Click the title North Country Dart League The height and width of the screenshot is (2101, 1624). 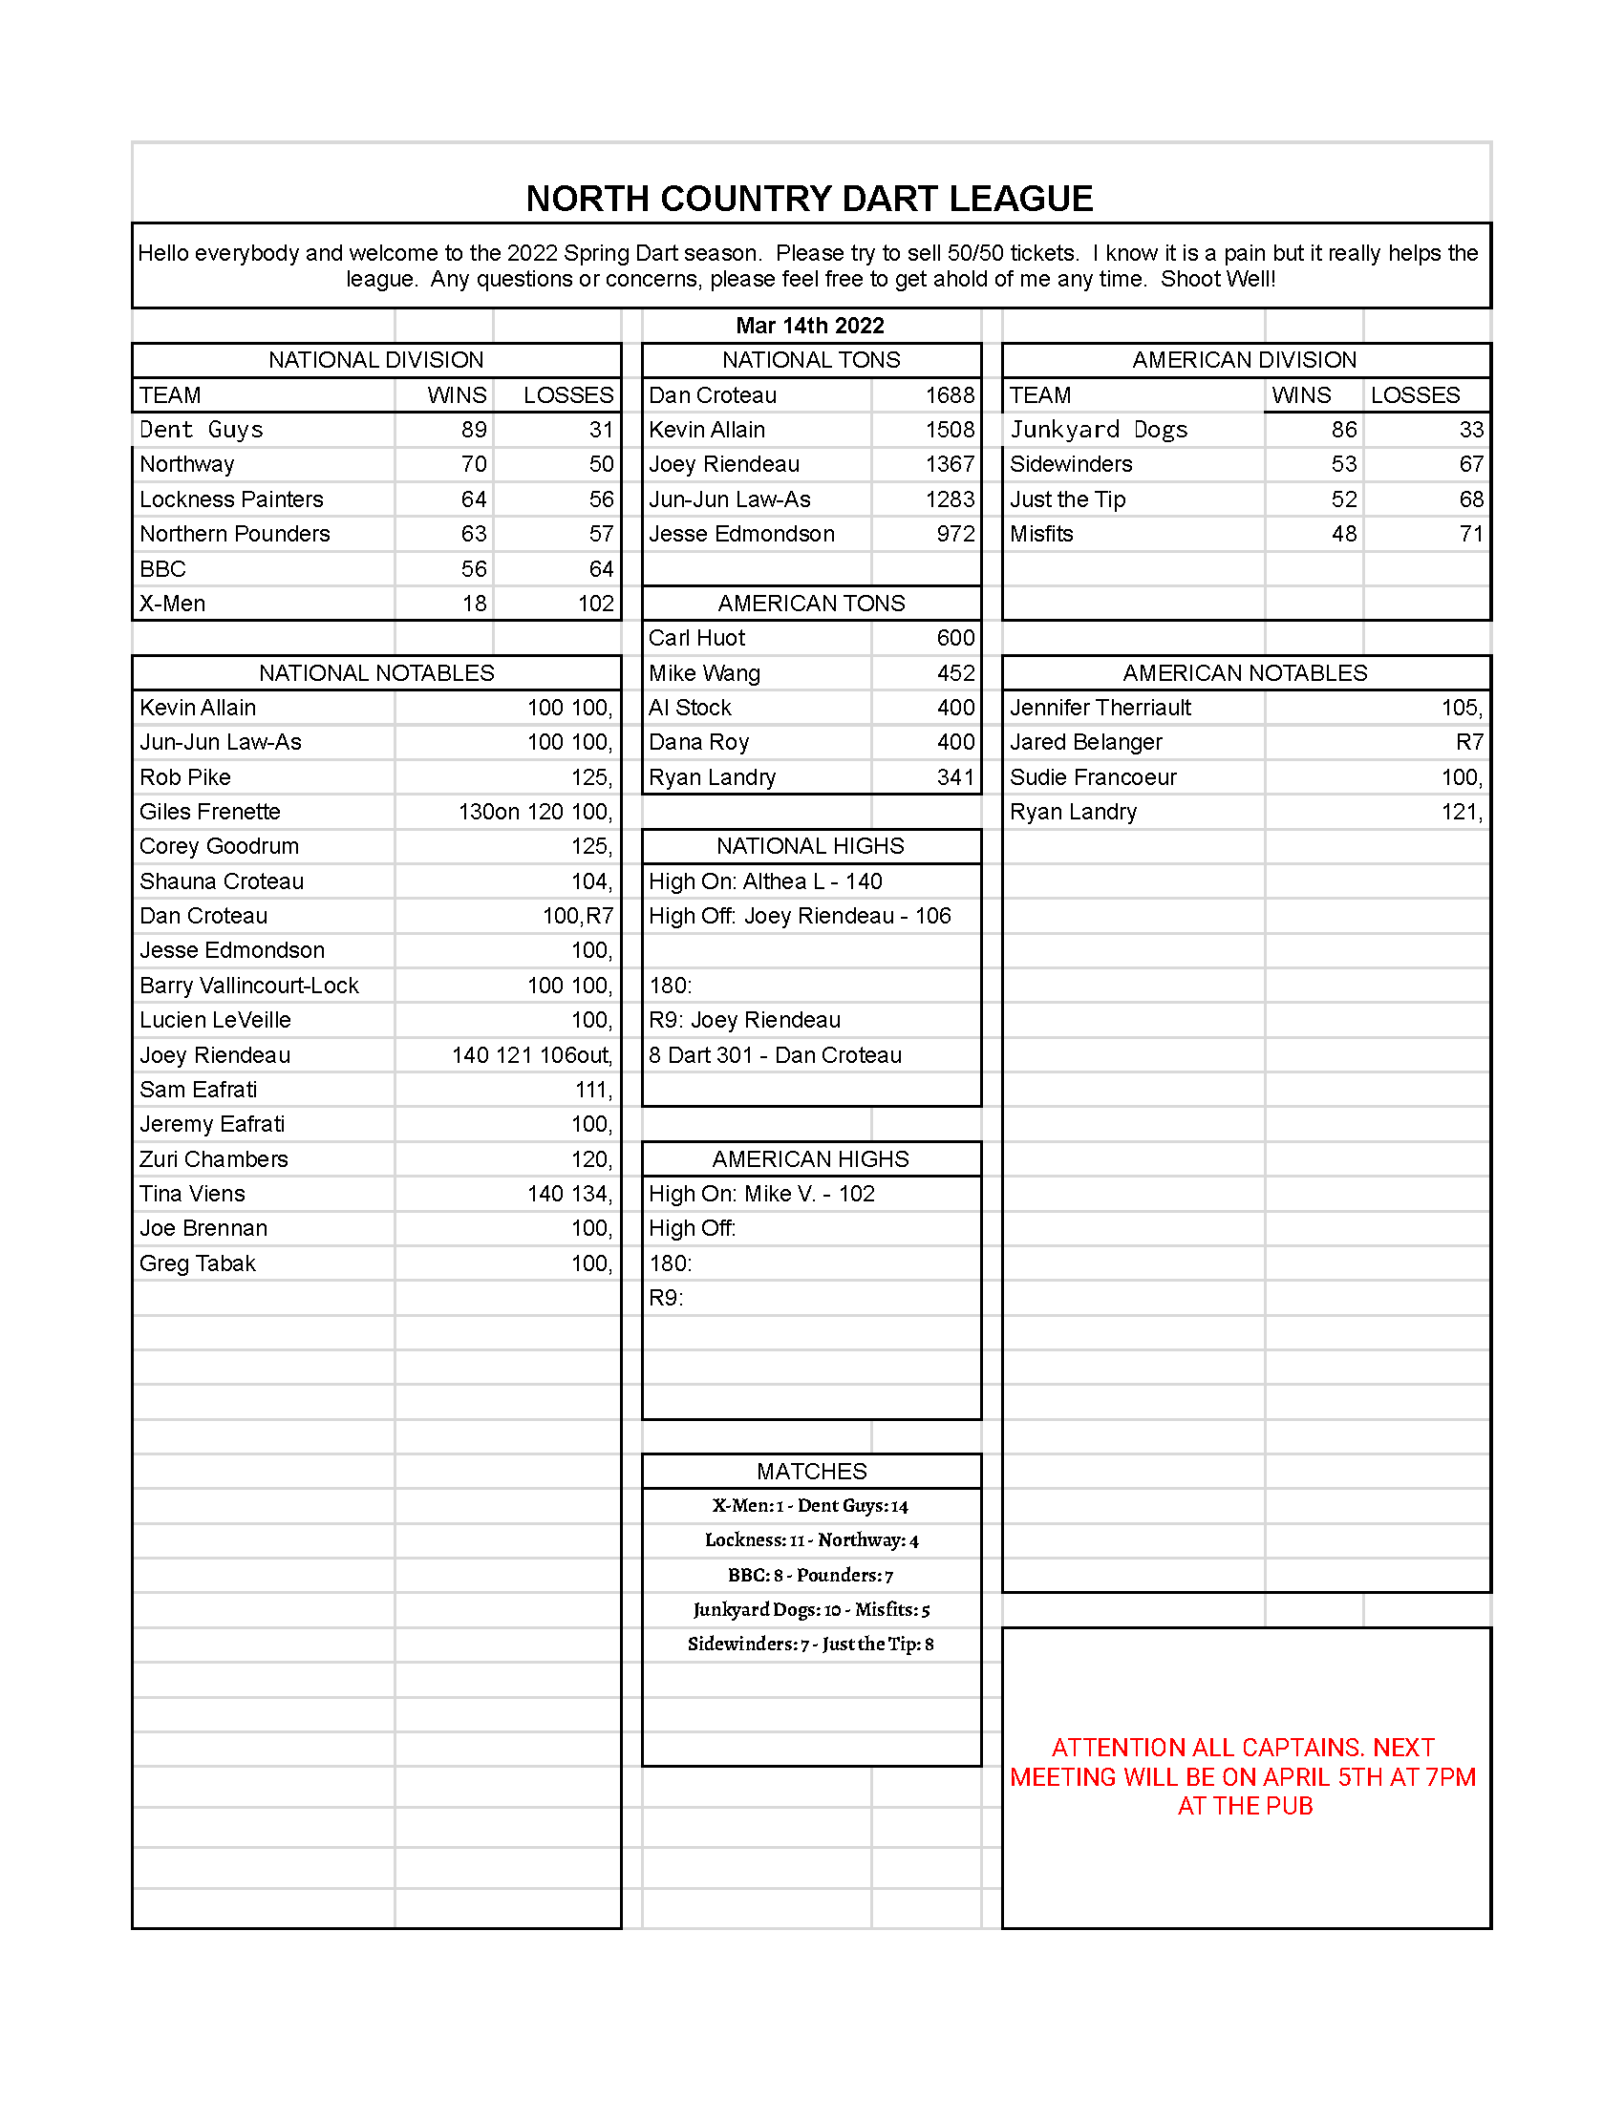[x=809, y=200]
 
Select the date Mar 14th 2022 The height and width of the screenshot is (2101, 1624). [x=809, y=325]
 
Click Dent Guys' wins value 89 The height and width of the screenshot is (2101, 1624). [x=473, y=430]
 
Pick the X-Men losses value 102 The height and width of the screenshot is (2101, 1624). [x=595, y=604]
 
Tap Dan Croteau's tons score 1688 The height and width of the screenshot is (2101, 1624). [x=950, y=395]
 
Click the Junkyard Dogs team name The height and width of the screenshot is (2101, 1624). [x=1098, y=430]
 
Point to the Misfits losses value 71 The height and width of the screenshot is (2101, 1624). [x=1470, y=534]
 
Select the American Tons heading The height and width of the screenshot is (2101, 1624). [x=811, y=604]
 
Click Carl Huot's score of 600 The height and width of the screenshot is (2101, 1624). [x=955, y=638]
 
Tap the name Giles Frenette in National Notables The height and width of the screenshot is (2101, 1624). [x=210, y=812]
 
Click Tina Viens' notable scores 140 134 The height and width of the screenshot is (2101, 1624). [x=569, y=1194]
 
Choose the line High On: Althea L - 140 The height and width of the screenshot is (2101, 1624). [x=765, y=881]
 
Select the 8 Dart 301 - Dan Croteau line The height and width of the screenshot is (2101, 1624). [x=775, y=1055]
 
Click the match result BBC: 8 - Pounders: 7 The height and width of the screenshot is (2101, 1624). [x=810, y=1575]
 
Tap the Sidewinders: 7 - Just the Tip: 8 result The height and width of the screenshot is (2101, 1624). [x=810, y=1645]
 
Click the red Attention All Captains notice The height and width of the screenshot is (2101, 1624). [x=1243, y=1776]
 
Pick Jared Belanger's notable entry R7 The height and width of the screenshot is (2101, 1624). [x=1468, y=743]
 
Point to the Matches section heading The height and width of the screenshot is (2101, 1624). [x=811, y=1471]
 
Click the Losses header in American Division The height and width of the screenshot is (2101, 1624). [x=1414, y=395]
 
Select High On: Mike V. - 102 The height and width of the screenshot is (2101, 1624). [x=761, y=1194]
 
